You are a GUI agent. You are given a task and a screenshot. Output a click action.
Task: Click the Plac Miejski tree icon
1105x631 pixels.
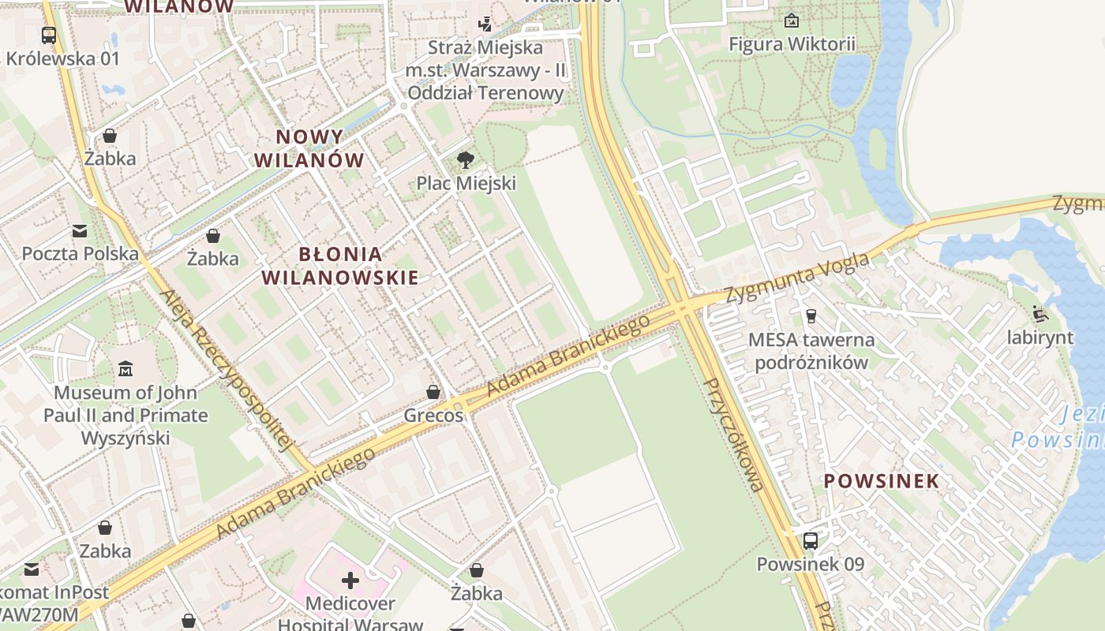tap(466, 160)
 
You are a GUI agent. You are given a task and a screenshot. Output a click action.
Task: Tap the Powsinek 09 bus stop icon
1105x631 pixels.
tap(810, 541)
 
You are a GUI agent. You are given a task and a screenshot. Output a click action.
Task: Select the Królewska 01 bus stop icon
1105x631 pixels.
tap(49, 35)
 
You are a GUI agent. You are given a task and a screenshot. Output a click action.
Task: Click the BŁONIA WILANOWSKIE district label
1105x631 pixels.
tap(340, 266)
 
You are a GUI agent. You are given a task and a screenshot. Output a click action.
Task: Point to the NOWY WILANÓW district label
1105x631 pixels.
tap(309, 148)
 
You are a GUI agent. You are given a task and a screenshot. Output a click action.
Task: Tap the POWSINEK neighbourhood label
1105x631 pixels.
tap(882, 480)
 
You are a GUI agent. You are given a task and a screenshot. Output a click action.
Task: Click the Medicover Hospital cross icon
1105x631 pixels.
tap(350, 581)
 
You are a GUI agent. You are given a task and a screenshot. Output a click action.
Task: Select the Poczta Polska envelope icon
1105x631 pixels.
tap(80, 231)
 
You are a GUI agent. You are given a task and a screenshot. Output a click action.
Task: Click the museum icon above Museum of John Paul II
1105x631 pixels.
tap(125, 369)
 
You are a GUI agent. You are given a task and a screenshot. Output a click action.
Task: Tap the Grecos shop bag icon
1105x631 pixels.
tap(433, 392)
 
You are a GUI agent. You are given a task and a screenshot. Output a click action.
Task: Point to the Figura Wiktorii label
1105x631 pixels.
tap(792, 44)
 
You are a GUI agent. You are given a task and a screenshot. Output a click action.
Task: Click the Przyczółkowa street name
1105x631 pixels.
tap(733, 435)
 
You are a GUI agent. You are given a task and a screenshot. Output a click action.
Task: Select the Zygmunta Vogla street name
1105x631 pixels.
tap(797, 277)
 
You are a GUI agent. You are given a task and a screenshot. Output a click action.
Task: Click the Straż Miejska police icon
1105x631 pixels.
tap(485, 24)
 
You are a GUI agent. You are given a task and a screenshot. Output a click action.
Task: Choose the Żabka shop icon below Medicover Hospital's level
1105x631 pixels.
tap(476, 570)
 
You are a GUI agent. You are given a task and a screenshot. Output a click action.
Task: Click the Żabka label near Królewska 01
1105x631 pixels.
tap(110, 159)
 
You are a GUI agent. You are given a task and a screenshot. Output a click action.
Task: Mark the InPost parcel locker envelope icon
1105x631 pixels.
tap(32, 569)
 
